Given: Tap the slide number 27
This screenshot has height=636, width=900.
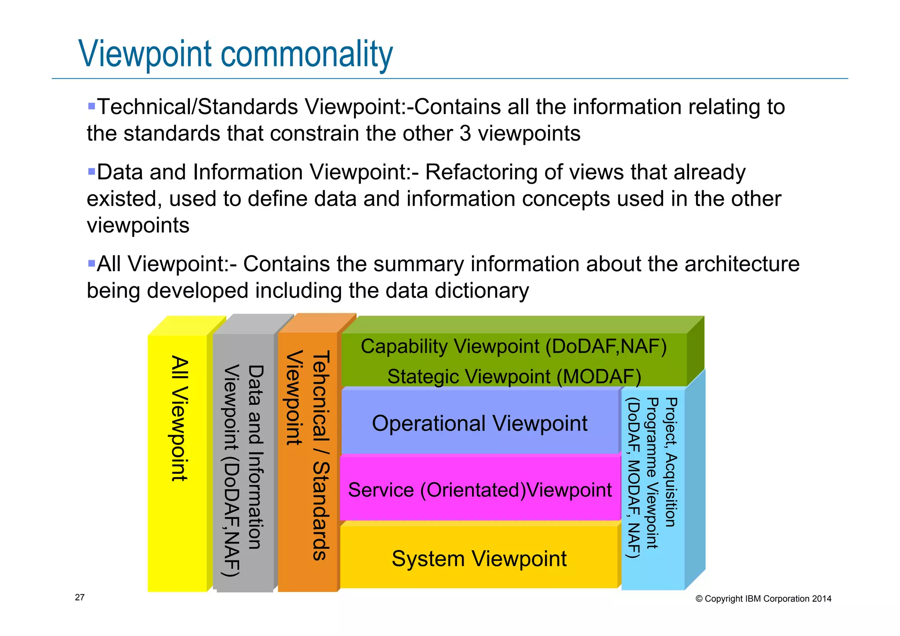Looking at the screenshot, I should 80,597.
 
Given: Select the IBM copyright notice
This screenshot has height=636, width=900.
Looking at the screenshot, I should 763,599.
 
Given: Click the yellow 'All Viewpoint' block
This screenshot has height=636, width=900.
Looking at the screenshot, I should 178,462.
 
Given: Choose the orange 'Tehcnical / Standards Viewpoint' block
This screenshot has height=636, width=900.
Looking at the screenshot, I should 308,462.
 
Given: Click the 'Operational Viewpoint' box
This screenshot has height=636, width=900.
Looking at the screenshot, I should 479,423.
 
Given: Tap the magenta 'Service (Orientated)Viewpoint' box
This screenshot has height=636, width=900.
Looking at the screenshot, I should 479,490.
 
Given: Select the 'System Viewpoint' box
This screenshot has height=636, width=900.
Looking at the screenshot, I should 479,558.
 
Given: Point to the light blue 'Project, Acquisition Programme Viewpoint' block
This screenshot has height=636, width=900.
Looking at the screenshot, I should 653,483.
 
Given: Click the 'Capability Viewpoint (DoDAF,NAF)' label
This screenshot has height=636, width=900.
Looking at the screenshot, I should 514,346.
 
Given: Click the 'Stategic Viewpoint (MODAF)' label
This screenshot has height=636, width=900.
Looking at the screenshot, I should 514,377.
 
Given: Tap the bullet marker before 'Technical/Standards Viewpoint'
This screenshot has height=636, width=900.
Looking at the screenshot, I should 91,106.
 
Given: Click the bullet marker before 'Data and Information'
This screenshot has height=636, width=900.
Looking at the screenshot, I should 91,171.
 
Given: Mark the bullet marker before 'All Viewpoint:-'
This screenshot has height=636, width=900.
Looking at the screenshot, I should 91,264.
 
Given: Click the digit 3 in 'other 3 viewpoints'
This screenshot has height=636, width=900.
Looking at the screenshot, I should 465,134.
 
